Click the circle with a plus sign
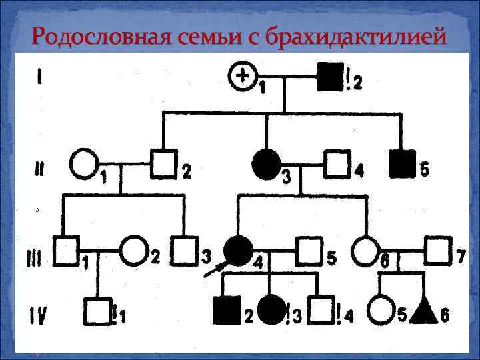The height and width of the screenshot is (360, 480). click(243, 77)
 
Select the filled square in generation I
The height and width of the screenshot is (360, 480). click(330, 77)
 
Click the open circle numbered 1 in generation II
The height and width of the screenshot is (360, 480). click(84, 164)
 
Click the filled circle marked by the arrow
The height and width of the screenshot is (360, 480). click(237, 251)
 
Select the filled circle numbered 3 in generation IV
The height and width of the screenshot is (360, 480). click(271, 309)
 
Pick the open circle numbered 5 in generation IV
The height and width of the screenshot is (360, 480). click(380, 309)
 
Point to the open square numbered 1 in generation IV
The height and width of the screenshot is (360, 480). click(98, 309)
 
